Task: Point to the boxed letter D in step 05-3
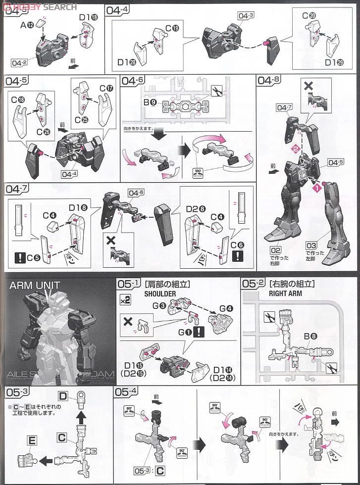click(x=62, y=396)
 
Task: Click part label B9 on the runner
click(x=150, y=102)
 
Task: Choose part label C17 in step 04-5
click(x=106, y=89)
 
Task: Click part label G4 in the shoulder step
click(x=226, y=308)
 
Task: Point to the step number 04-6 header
click(x=132, y=81)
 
